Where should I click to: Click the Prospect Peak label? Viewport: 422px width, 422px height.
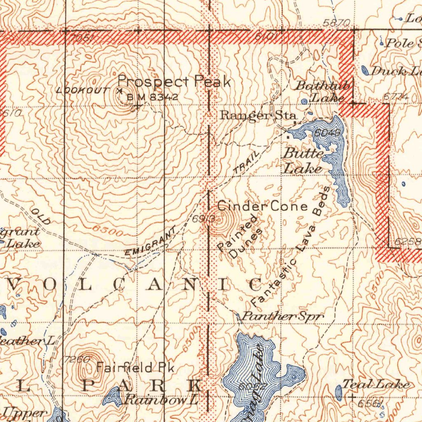pyautogui.click(x=174, y=82)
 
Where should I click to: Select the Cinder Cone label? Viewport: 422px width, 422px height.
pyautogui.click(x=263, y=206)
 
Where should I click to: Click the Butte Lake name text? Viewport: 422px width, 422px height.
pyautogui.click(x=303, y=161)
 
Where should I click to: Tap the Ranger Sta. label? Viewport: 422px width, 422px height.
pyautogui.click(x=258, y=115)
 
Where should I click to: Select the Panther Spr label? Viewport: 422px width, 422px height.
pyautogui.click(x=282, y=316)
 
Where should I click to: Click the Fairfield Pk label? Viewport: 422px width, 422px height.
pyautogui.click(x=136, y=367)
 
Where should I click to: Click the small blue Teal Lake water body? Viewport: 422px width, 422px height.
pyautogui.click(x=339, y=393)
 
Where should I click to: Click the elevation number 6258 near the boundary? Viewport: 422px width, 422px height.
pyautogui.click(x=408, y=242)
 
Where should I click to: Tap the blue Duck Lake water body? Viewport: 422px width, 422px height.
pyautogui.click(x=365, y=70)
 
